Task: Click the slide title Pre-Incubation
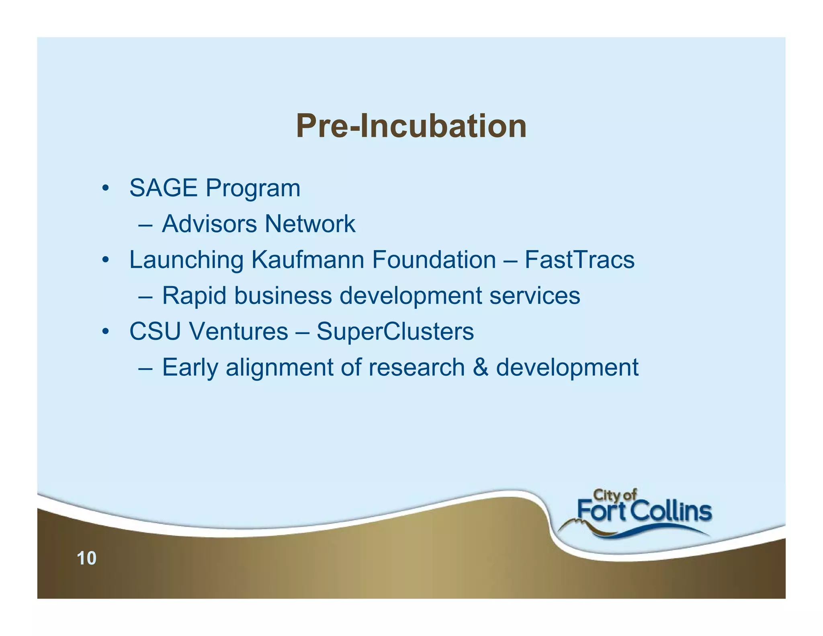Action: pos(411,126)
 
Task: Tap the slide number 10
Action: pos(86,558)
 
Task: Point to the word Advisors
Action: pos(209,224)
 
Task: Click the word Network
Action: pos(310,224)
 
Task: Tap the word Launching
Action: pos(186,260)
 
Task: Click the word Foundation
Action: pos(434,259)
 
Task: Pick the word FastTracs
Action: pos(579,259)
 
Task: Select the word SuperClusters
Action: pos(395,332)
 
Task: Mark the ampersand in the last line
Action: pos(480,367)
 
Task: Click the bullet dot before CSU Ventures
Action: pos(105,332)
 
